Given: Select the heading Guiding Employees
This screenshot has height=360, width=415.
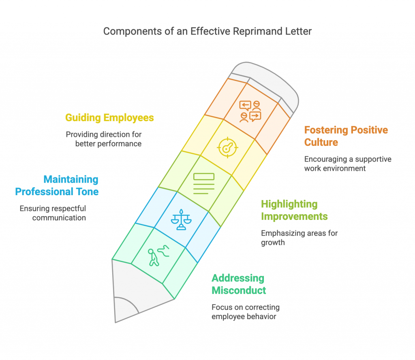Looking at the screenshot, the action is click(109, 118).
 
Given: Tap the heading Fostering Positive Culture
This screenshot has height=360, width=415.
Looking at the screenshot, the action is click(346, 136).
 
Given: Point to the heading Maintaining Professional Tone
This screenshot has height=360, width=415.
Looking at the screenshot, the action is click(57, 185).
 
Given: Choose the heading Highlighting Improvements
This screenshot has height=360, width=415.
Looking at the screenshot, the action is click(294, 210).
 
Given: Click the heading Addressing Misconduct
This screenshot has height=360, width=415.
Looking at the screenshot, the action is click(239, 284).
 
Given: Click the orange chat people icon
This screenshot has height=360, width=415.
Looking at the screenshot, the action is click(250, 111).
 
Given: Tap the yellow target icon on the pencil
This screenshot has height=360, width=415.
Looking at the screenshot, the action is click(228, 147).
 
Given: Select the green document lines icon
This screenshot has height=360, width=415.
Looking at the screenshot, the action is click(204, 183).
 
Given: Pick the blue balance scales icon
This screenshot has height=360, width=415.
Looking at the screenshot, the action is click(181, 219).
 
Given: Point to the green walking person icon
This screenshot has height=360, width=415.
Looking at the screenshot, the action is click(158, 256).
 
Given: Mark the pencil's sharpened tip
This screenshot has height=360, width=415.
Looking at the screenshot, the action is click(116, 322).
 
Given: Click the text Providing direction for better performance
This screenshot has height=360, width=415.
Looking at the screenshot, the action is click(104, 139).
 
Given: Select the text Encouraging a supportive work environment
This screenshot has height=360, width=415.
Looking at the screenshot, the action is click(348, 164).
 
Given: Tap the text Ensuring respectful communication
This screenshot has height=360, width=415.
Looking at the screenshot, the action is click(53, 213).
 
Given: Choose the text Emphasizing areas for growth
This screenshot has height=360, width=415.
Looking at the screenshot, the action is click(299, 238).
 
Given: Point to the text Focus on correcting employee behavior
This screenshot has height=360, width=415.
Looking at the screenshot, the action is click(246, 312).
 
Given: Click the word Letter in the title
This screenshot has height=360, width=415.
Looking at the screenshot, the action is click(298, 32).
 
